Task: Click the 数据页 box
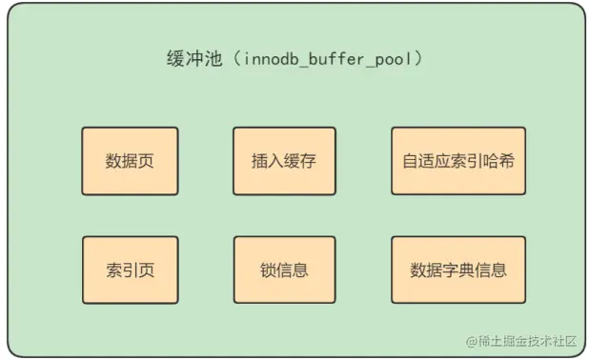130,160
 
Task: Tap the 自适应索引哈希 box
457,160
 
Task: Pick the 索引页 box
130,270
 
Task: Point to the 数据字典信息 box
457,270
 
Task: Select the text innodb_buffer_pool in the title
329,59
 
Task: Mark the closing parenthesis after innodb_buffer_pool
419,59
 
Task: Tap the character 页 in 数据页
146,160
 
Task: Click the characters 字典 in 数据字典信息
457,270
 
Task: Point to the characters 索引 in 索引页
122,270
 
